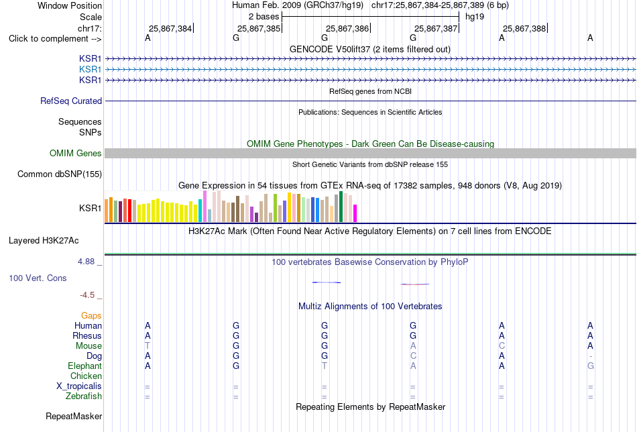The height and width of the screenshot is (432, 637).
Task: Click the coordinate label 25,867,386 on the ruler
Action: tap(347, 28)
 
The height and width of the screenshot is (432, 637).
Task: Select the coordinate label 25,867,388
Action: tap(524, 28)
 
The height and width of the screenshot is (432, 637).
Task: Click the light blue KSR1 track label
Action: tap(91, 70)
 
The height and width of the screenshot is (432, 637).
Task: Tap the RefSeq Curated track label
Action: tap(71, 101)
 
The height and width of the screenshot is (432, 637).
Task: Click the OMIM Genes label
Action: tap(76, 153)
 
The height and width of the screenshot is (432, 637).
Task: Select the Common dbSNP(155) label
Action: tap(60, 174)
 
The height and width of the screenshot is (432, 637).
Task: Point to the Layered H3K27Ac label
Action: tap(44, 241)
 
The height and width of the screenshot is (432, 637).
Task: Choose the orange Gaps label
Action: tap(91, 316)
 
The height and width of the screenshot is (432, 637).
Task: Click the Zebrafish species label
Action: tap(84, 396)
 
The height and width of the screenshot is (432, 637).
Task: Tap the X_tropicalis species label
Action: tap(79, 386)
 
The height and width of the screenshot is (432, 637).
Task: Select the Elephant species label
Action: tap(84, 366)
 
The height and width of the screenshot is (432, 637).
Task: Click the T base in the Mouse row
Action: tap(148, 346)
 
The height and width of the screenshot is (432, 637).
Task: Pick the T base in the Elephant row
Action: tap(324, 366)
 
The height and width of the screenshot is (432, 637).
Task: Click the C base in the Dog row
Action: tap(413, 356)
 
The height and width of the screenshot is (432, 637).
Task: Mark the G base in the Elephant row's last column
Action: tap(590, 366)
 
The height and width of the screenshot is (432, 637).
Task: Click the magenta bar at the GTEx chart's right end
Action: tap(355, 213)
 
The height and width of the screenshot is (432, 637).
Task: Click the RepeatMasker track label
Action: tap(74, 416)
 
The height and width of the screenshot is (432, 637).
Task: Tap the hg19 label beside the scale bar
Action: tap(475, 17)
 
